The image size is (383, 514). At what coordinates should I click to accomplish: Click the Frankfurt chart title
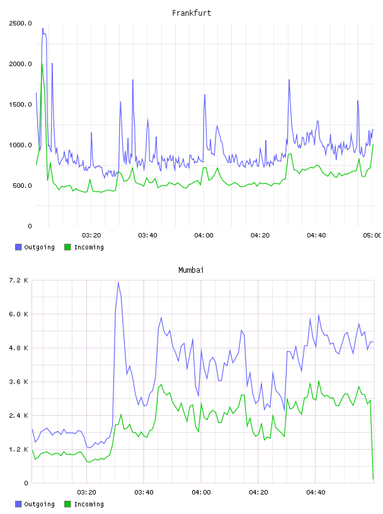click(x=191, y=13)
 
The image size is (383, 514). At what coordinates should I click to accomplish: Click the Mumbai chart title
click(x=191, y=270)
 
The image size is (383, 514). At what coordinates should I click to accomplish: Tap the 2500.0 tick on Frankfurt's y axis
click(x=20, y=23)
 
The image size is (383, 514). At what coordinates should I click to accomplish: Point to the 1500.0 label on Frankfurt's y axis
click(x=20, y=105)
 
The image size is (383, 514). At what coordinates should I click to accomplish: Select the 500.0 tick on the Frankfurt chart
click(x=22, y=186)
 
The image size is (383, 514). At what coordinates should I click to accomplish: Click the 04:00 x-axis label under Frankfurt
click(x=203, y=236)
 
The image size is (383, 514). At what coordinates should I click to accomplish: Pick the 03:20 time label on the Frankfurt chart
click(x=91, y=236)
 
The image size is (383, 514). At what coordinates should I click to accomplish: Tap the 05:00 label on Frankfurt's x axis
click(x=372, y=236)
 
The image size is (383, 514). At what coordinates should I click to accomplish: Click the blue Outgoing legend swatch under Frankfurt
click(x=18, y=247)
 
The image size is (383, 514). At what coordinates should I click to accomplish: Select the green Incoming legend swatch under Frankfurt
click(x=67, y=247)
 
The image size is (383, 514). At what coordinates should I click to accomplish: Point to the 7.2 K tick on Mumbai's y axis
click(x=19, y=280)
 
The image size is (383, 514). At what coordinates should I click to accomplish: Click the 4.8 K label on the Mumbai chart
click(x=19, y=348)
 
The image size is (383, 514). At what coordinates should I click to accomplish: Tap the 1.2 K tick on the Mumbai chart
click(x=19, y=449)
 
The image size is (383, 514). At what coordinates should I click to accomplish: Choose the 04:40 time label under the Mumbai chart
click(x=316, y=493)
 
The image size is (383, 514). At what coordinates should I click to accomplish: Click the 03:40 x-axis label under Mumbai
click(x=144, y=493)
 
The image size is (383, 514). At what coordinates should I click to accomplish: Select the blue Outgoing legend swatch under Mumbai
click(x=18, y=504)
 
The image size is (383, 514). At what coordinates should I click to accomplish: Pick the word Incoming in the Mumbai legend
click(x=89, y=504)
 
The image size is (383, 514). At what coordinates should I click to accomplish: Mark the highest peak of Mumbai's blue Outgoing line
click(x=118, y=282)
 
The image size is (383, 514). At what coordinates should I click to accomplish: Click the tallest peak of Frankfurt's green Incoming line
click(x=42, y=63)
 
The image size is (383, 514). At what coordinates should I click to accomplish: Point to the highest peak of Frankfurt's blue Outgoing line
click(x=43, y=28)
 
